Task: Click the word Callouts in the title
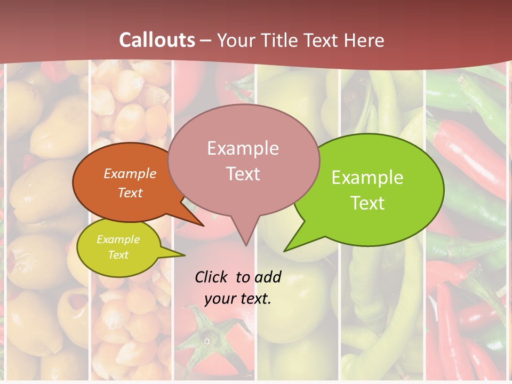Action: point(157,40)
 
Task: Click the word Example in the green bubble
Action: point(367,178)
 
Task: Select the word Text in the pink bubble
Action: point(243,174)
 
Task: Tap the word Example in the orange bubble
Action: point(130,174)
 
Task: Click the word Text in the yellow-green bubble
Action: point(118,255)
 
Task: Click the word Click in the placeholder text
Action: point(212,277)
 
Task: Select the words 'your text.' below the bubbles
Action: point(238,299)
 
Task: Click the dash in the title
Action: point(206,41)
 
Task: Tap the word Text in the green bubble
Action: point(367,203)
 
